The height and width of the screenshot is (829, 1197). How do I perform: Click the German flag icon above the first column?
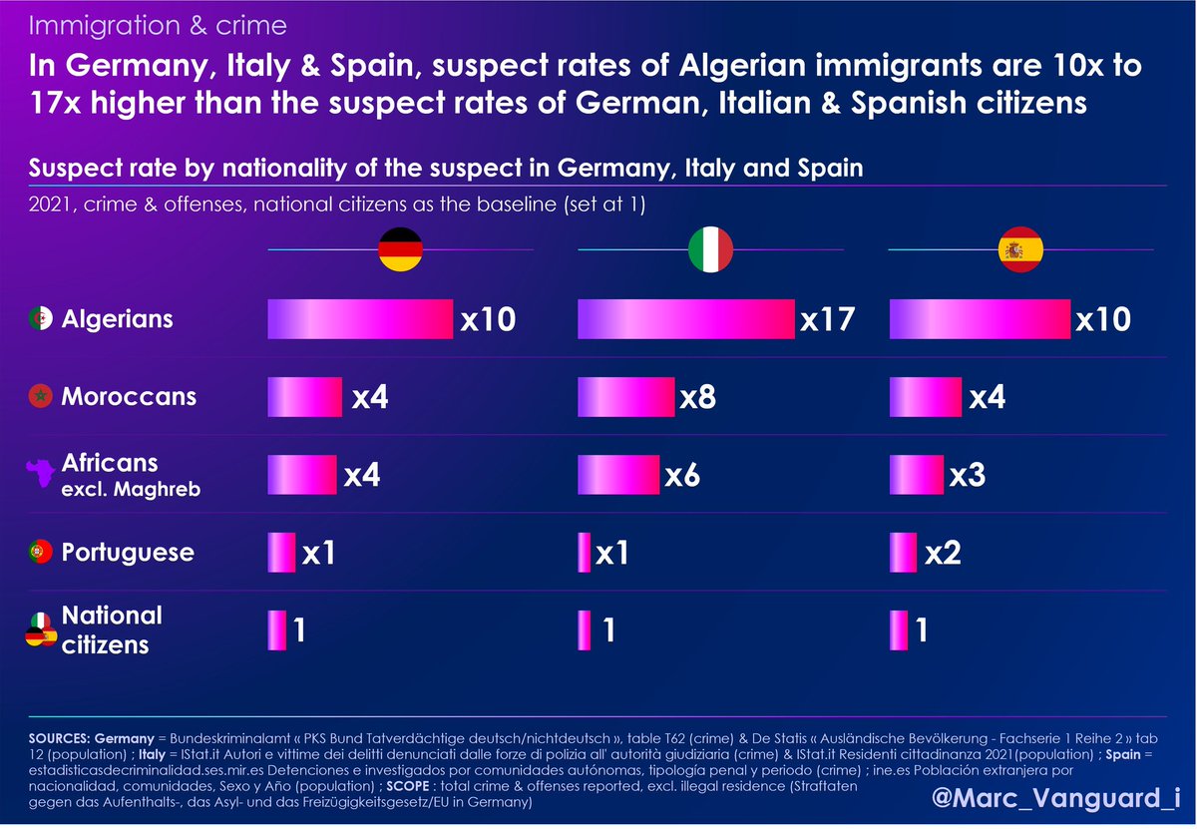coord(400,250)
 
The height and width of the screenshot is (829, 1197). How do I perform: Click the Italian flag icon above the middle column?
coord(711,250)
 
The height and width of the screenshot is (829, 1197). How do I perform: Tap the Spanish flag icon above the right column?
coord(1021,250)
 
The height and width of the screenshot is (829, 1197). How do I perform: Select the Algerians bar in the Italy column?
coord(686,319)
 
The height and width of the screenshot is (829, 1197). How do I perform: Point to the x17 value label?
coord(828,319)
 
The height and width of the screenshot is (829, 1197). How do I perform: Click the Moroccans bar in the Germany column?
coord(304,397)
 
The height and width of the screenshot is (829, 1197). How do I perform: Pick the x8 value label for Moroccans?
coord(697,397)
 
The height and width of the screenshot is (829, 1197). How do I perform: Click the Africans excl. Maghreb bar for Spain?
coord(916,475)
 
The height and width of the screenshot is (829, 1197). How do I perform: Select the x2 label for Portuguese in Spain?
coord(943,553)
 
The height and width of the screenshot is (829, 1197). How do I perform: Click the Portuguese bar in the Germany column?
coord(281,553)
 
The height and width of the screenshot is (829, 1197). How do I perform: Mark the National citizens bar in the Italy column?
coord(584,629)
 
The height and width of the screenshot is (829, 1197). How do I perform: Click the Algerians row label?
coord(118,319)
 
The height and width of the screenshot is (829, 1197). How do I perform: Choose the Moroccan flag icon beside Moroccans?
coord(40,397)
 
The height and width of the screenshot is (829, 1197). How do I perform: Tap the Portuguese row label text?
coord(129,553)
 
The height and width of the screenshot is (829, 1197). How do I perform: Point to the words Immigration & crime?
coord(159,24)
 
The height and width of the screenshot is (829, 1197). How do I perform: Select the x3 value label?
coord(968,475)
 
